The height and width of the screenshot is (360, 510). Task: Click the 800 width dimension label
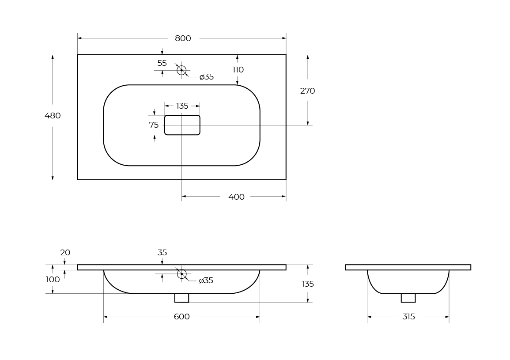pyautogui.click(x=183, y=38)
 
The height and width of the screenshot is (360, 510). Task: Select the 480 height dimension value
pyautogui.click(x=53, y=116)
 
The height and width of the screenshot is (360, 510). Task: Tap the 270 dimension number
pyautogui.click(x=307, y=91)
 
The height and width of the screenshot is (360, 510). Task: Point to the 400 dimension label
pyautogui.click(x=237, y=197)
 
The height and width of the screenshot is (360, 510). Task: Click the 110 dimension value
pyautogui.click(x=238, y=70)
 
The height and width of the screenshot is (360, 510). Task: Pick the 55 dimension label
pyautogui.click(x=162, y=63)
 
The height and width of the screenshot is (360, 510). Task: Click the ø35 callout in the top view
pyautogui.click(x=207, y=77)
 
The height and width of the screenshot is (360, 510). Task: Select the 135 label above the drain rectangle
pyautogui.click(x=182, y=106)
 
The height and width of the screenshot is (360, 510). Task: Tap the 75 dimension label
pyautogui.click(x=154, y=125)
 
